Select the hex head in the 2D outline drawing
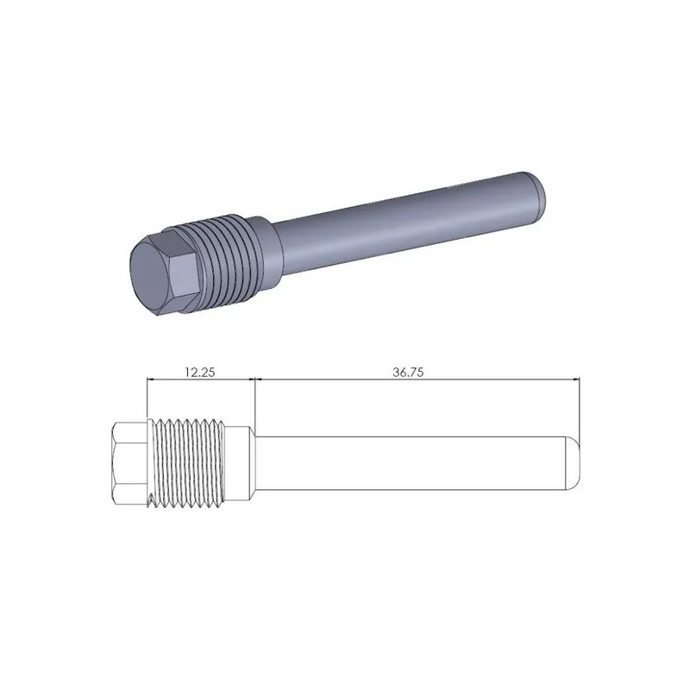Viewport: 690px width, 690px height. [x=129, y=464]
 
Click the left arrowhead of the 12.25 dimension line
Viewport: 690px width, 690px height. [x=153, y=379]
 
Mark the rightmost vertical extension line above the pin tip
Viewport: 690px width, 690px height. [x=581, y=405]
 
